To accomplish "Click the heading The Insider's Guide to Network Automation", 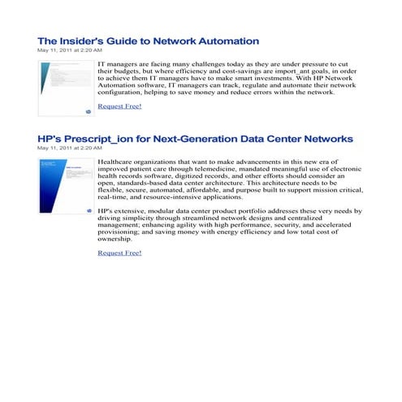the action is click(x=149, y=41).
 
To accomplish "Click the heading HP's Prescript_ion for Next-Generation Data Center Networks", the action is click(x=195, y=140).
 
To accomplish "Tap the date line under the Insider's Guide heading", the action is click(x=70, y=50).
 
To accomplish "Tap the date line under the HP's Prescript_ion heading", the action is click(x=70, y=149).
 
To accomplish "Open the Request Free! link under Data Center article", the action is click(x=119, y=253).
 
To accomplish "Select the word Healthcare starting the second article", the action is click(x=117, y=162).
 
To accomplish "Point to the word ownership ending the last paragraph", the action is click(x=114, y=240).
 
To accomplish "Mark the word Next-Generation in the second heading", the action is click(x=197, y=140).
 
